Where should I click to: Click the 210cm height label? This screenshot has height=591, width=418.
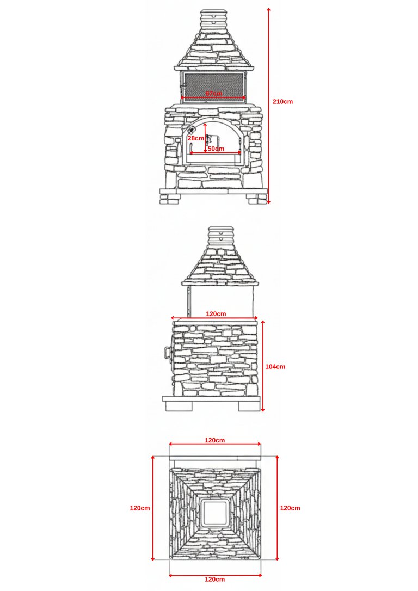point(282,101)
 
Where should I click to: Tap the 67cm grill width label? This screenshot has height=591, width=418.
point(214,93)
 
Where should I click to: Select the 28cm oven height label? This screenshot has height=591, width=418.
point(195,138)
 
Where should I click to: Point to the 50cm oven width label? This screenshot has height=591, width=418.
point(216,149)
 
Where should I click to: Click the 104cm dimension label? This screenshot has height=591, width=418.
point(275,366)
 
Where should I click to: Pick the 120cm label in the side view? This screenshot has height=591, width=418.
point(216,313)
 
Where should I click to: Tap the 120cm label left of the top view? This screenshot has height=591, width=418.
point(140,508)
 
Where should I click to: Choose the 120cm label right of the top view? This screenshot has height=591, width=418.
point(290,508)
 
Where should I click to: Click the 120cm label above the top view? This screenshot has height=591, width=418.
point(215,440)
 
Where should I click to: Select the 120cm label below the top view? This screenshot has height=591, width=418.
point(215,580)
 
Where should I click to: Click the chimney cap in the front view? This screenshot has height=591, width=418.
point(213,18)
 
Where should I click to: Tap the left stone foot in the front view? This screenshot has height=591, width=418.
point(169,199)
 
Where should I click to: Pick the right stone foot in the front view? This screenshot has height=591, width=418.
point(257,199)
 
